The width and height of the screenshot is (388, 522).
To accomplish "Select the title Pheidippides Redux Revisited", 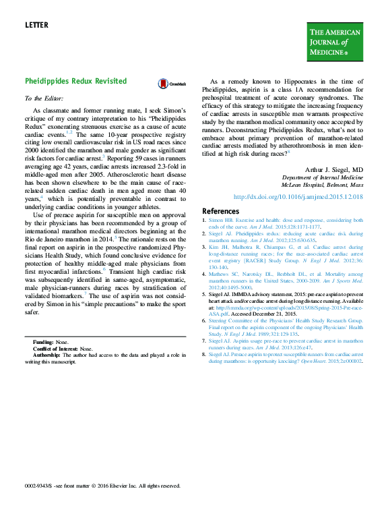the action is pos(75,81).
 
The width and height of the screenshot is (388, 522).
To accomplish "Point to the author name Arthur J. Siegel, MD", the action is pos(334,170).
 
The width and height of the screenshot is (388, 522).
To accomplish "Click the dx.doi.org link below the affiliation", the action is pos(298,196).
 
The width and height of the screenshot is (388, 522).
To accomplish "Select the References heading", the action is pos(221,211).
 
